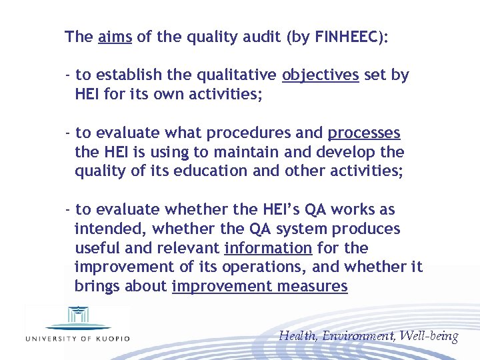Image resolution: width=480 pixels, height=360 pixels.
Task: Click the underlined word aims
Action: pos(115,37)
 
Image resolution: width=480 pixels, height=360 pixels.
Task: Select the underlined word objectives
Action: pos(320,75)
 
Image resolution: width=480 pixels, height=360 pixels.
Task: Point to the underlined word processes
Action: pos(364,133)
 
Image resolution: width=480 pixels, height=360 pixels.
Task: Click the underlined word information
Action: pos(268,248)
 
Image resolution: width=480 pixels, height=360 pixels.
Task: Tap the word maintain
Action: pos(231,152)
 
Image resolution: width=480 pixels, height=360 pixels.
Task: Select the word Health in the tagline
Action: pos(297,336)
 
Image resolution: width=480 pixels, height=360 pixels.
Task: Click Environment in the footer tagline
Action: pos(359,336)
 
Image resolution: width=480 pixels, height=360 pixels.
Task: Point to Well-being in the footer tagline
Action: pos(430,336)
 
